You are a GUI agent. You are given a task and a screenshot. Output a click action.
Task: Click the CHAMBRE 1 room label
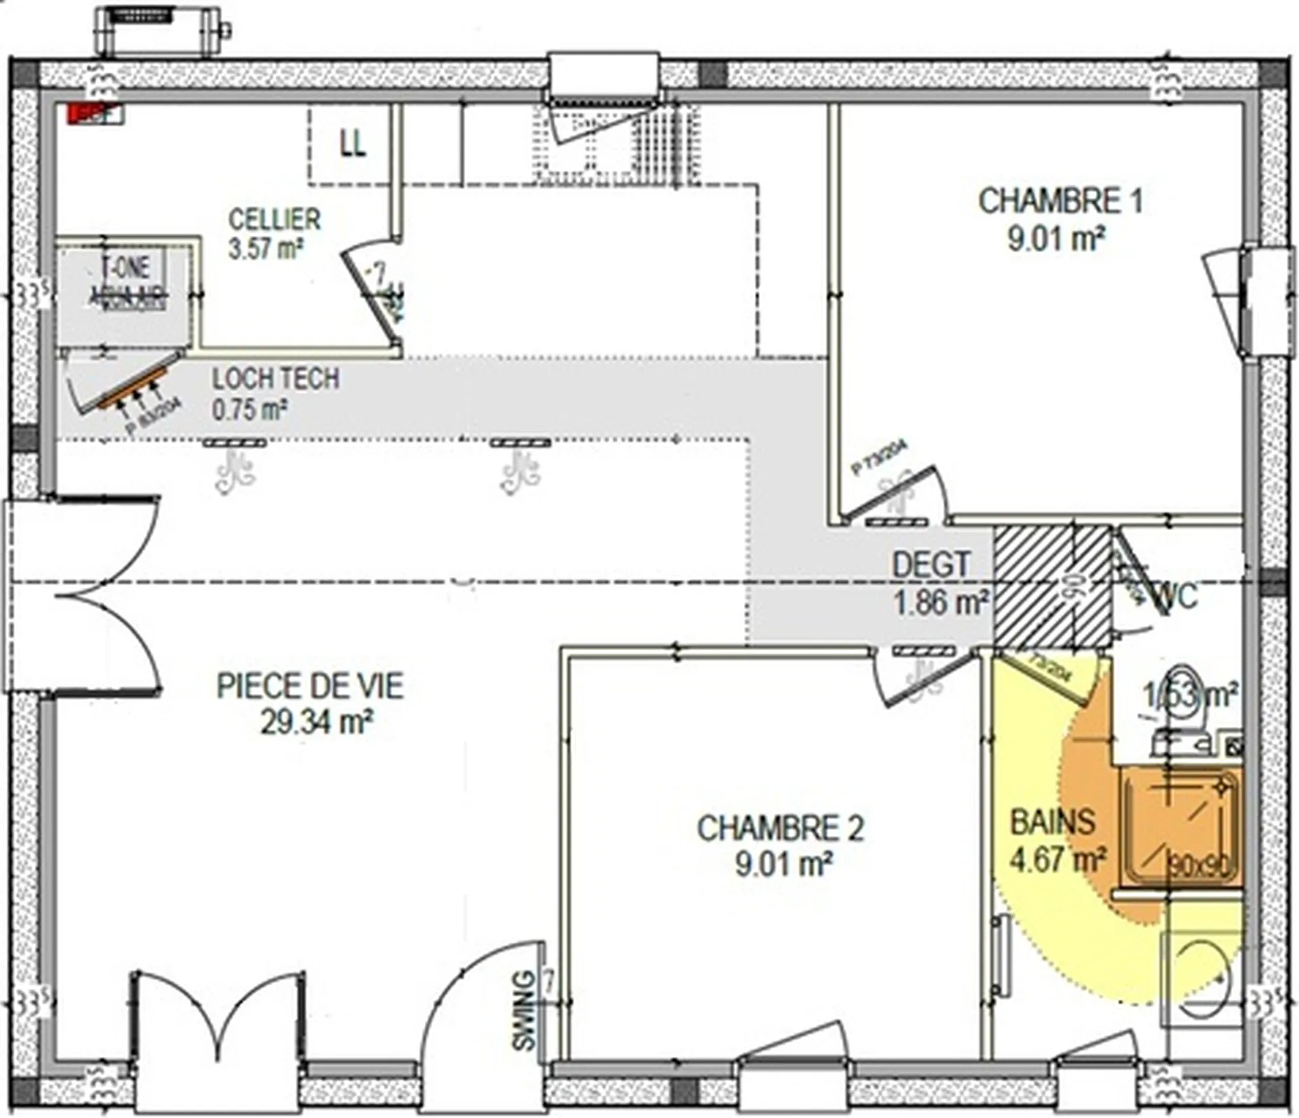coord(1060,202)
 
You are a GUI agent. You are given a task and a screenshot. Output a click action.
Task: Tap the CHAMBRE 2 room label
coord(781,829)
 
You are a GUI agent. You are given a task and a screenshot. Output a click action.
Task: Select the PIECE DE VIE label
coord(310,686)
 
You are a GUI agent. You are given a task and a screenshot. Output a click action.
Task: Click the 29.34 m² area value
coord(317,723)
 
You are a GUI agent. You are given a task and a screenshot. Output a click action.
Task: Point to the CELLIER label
coord(274,220)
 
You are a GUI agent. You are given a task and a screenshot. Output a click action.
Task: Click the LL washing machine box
coord(351,144)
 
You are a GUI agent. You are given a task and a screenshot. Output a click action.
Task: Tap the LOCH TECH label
coord(276,379)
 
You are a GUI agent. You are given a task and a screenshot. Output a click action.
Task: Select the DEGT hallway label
coord(931,565)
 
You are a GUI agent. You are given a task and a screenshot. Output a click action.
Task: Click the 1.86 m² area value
coord(940,602)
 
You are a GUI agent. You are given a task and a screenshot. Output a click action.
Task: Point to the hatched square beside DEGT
coord(1052,586)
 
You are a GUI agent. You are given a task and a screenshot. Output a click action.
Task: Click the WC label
coord(1177,597)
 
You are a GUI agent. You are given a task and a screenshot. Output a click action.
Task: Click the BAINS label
coord(1052,822)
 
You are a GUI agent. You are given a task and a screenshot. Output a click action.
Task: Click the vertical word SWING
coord(524,1011)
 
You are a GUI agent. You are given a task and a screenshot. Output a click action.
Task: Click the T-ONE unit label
coord(125,267)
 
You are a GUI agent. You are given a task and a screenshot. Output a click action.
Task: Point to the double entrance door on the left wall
coord(85,595)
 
